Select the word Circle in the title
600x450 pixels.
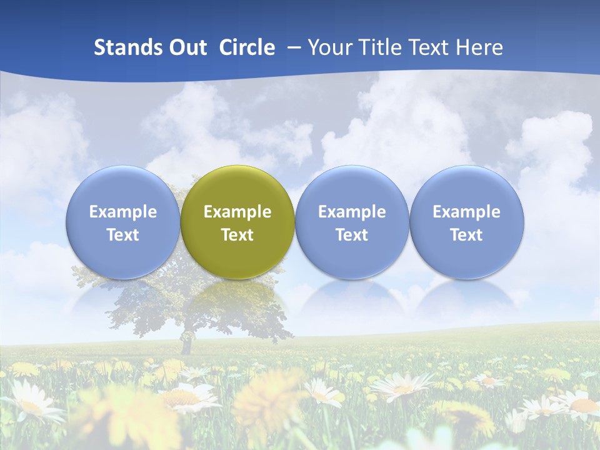(x=247, y=47)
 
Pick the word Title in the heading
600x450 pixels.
(x=382, y=47)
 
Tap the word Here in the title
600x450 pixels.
(x=479, y=47)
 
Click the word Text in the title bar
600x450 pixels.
(x=430, y=47)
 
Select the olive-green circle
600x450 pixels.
(x=237, y=222)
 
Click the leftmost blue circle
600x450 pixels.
(x=123, y=222)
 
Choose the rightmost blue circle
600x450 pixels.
(x=466, y=222)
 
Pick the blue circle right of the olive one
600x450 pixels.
(x=352, y=222)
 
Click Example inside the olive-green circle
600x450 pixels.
(x=237, y=212)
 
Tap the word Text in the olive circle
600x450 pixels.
(x=237, y=235)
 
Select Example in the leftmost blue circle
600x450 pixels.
(x=123, y=212)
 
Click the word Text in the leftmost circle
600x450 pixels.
(x=123, y=235)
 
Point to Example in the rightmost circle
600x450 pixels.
(x=466, y=212)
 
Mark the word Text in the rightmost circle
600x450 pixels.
(x=466, y=235)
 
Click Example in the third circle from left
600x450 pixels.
(x=352, y=212)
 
